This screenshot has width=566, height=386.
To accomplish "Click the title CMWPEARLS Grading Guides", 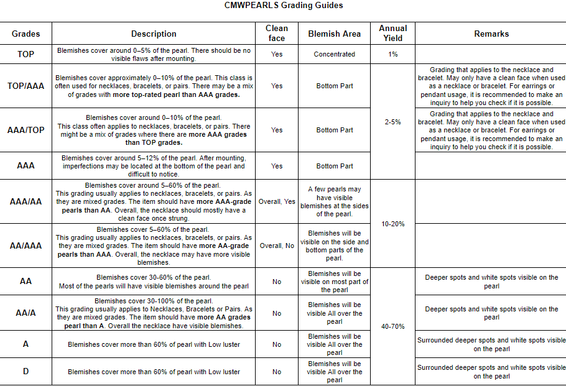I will (x=283, y=6).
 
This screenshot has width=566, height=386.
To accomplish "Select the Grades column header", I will (x=26, y=34).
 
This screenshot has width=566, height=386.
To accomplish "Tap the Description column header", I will (x=154, y=34).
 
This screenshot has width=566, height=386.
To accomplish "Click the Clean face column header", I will (x=277, y=33).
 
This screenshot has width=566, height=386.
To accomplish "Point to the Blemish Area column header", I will (x=334, y=34).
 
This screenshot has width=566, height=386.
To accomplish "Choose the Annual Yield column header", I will (x=393, y=33).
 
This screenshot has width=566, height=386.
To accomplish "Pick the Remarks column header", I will (x=491, y=34).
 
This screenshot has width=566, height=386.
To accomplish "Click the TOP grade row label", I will (x=26, y=54).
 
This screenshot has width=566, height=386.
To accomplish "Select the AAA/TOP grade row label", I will (x=26, y=130).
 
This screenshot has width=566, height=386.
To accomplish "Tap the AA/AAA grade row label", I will (x=26, y=246).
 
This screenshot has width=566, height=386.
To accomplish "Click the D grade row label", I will (x=26, y=372).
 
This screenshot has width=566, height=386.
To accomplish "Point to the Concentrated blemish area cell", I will (x=334, y=54).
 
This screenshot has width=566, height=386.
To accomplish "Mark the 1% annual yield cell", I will (x=393, y=54).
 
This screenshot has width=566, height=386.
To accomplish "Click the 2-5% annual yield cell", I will (x=393, y=122).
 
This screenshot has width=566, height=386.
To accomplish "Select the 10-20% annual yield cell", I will (x=393, y=224).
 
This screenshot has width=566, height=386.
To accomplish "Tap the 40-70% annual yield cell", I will (x=393, y=326).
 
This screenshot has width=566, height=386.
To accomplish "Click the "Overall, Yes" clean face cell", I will (x=277, y=201).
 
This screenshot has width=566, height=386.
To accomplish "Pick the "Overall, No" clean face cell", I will (x=277, y=246).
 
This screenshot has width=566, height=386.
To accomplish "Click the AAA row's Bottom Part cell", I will (x=334, y=166).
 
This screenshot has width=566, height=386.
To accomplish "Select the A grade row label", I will (x=26, y=344).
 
